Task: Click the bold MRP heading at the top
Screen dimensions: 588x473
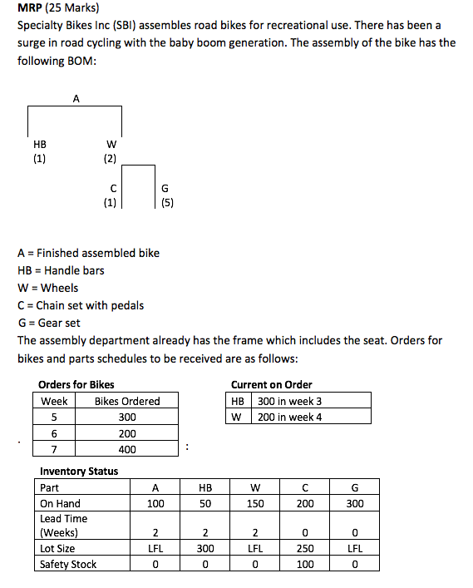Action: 33,9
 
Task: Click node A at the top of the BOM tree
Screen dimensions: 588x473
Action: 76,98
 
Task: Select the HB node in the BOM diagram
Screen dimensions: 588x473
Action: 39,143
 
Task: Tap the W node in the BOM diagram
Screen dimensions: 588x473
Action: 111,143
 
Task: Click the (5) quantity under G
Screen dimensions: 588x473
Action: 165,201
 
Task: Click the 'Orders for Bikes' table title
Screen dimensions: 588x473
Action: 76,384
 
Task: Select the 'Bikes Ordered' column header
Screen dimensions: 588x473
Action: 127,401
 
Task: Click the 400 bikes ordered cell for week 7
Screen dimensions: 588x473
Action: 127,449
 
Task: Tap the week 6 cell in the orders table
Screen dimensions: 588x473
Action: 54,433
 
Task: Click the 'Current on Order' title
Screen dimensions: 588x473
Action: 271,384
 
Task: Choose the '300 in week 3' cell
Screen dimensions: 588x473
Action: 289,401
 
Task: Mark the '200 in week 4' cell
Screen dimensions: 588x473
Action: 289,417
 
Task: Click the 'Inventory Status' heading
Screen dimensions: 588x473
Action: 79,471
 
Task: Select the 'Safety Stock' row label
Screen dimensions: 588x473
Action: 68,564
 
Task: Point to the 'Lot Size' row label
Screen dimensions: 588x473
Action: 57,548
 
